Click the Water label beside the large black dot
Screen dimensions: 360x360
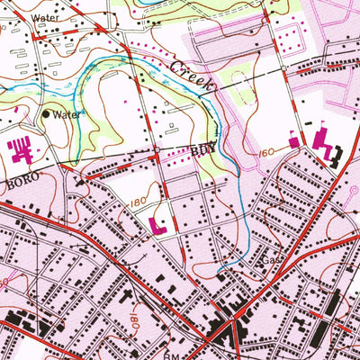point(67,115)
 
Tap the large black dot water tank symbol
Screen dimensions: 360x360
point(47,114)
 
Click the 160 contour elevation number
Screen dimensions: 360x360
point(265,153)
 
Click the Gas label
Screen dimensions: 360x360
point(270,261)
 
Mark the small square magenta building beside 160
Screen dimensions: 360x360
point(294,140)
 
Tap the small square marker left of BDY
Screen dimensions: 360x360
point(157,149)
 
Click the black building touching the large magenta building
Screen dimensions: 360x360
point(335,159)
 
